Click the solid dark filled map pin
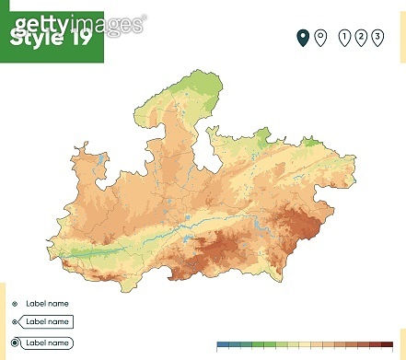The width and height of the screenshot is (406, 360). click(x=302, y=37)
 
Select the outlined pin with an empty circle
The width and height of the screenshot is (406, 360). click(x=319, y=37)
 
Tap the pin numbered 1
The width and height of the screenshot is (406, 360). click(x=344, y=37)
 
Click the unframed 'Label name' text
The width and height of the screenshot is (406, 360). click(x=47, y=303)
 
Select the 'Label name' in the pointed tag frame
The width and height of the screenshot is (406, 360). click(x=47, y=321)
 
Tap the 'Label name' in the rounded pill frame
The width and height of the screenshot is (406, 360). click(x=47, y=343)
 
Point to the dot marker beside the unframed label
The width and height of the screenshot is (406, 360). click(x=15, y=303)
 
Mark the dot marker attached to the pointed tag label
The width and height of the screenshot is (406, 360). click(x=15, y=321)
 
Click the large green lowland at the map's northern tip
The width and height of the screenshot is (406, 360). click(x=192, y=87)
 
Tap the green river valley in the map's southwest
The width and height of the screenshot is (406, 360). click(x=92, y=251)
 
